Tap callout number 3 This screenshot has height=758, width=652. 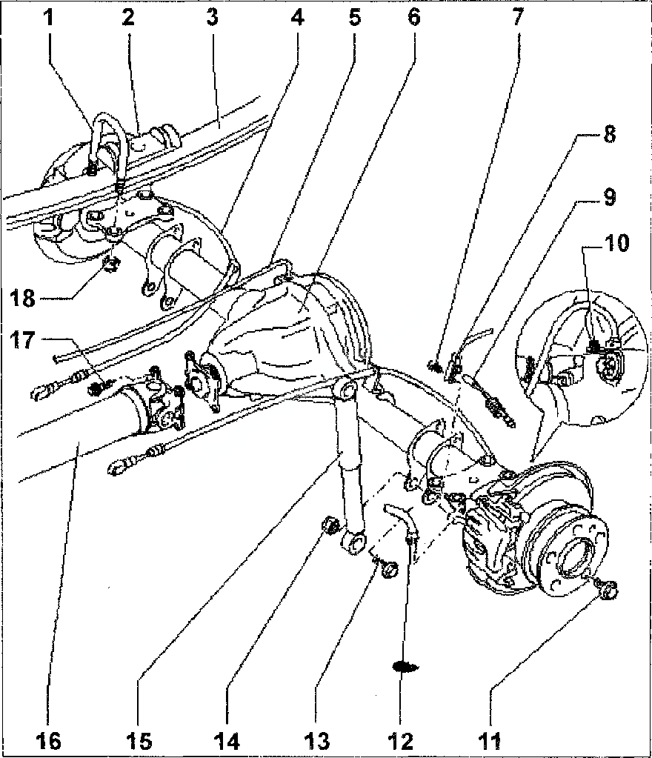tap(212, 17)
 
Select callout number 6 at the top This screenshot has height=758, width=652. tap(413, 17)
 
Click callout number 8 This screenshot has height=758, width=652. tap(608, 136)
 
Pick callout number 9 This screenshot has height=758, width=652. tap(608, 198)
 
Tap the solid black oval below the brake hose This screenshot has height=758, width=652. tap(406, 666)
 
